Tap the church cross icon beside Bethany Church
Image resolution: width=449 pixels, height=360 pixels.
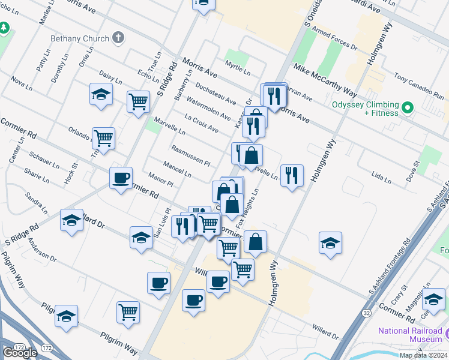coord(118,38)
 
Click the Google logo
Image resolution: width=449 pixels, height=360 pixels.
coord(20,353)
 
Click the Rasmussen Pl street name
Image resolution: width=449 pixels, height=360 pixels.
coord(190,155)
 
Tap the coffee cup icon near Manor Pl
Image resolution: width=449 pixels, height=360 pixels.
coord(121,178)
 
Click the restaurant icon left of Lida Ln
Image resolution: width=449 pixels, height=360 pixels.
coord(292,175)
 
